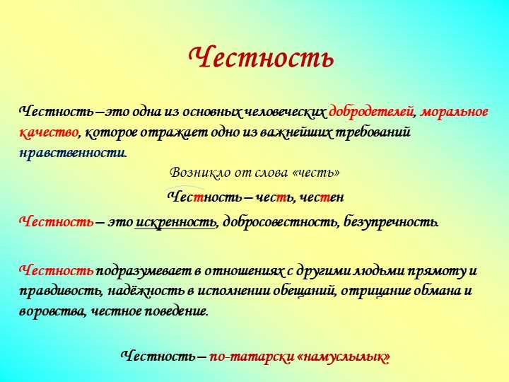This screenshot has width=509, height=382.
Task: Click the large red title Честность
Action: click(x=261, y=57)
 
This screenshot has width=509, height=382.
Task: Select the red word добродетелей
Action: click(x=372, y=112)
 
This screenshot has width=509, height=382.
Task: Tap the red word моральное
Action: click(x=454, y=112)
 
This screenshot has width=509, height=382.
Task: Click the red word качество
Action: click(x=48, y=132)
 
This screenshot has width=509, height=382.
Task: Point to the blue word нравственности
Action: click(x=72, y=152)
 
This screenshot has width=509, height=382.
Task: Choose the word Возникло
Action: click(x=197, y=172)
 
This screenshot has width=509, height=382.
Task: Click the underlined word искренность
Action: click(x=175, y=222)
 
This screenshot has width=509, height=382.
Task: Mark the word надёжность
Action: click(x=146, y=291)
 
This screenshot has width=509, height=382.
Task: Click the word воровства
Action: click(x=52, y=311)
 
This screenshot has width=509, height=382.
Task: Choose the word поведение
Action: click(x=175, y=311)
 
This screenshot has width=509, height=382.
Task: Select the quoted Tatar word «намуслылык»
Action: click(x=343, y=357)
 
